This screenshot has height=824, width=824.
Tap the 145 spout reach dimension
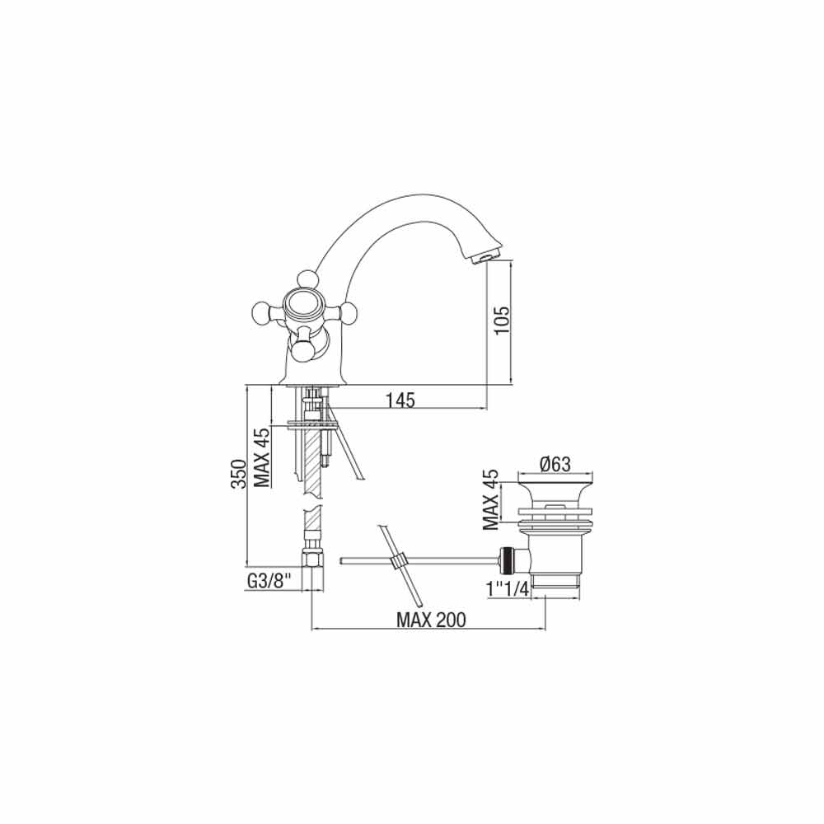click(x=400, y=400)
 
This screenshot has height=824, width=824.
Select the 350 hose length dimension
click(x=239, y=475)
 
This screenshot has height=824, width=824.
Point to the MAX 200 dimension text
click(x=431, y=620)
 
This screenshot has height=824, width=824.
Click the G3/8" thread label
click(x=269, y=581)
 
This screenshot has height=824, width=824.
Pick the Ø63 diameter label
click(x=555, y=464)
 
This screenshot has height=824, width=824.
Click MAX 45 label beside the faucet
click(x=262, y=457)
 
